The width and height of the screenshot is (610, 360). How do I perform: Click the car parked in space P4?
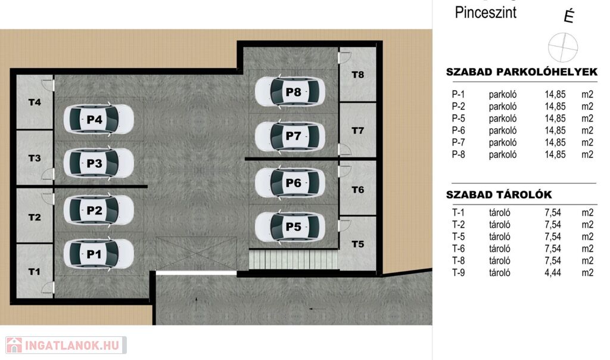(99, 119)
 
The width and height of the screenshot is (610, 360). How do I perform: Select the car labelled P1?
(99, 254)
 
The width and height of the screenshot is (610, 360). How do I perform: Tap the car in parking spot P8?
(290, 92)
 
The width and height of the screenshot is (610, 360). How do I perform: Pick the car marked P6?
(290, 182)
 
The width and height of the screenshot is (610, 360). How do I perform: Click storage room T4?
(35, 102)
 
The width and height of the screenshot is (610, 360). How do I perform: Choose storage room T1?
(35, 271)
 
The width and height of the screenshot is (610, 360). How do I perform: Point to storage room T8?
(358, 75)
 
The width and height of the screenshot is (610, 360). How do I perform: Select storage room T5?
(358, 244)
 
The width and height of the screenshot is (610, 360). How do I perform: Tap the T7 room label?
(358, 131)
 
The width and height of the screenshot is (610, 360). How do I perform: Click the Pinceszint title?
(485, 13)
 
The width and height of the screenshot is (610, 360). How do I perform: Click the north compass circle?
(562, 47)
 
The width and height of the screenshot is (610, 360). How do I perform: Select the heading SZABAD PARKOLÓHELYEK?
(522, 72)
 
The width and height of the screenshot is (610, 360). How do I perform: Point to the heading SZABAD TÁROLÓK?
(499, 194)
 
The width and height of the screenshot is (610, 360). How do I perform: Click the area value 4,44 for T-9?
(553, 272)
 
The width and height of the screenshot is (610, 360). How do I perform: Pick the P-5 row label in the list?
(458, 119)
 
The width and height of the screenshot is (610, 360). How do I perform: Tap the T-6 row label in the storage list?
(458, 249)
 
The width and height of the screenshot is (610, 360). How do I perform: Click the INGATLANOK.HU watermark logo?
(66, 345)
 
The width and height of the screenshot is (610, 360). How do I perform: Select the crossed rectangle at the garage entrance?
(196, 253)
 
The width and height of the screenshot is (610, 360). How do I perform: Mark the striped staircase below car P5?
(294, 259)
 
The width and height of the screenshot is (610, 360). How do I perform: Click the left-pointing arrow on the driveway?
(318, 309)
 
